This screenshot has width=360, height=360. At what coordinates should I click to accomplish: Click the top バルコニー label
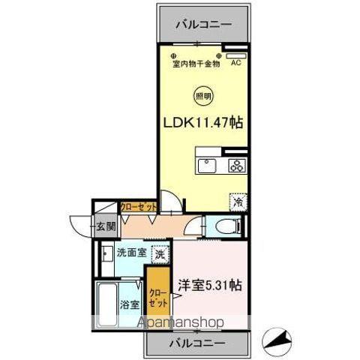(x=204, y=23)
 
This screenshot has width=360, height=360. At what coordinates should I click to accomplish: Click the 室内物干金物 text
(x=196, y=64)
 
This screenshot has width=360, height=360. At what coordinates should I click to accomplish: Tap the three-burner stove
(x=237, y=166)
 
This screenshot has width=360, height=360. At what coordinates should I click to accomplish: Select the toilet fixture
(x=223, y=226)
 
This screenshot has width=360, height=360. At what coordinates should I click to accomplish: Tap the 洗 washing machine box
(x=159, y=255)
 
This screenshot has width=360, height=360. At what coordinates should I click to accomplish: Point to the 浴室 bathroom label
(x=130, y=304)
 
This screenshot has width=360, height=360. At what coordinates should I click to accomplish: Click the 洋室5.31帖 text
(x=209, y=285)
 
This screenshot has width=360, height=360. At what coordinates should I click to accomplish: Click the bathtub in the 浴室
(x=106, y=303)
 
